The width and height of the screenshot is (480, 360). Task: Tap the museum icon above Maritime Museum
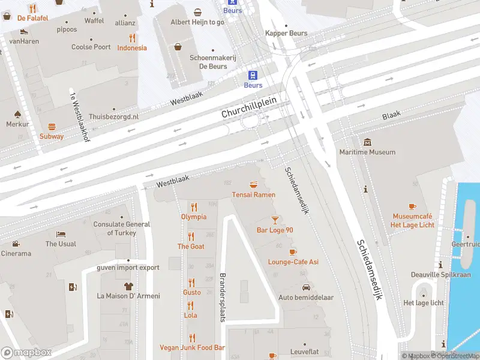367,142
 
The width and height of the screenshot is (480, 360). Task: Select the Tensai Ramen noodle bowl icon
254,184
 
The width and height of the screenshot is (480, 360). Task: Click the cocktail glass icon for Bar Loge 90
275,220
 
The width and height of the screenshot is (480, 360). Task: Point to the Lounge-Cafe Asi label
293,262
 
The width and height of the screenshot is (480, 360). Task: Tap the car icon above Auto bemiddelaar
305,287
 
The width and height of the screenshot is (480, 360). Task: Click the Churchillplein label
248,107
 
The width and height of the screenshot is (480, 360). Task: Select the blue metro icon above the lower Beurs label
253,75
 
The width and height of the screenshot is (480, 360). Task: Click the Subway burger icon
52,127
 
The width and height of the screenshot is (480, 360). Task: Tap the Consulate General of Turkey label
122,229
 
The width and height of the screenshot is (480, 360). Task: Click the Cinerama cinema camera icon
16,244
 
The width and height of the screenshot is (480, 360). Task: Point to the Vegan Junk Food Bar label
192,347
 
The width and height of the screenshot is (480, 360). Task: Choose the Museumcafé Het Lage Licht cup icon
412,206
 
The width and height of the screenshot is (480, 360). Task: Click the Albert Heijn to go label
197,22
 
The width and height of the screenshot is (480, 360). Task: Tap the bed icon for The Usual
61,234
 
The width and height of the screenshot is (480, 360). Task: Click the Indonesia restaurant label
132,48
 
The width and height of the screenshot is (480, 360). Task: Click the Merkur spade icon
17,114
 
